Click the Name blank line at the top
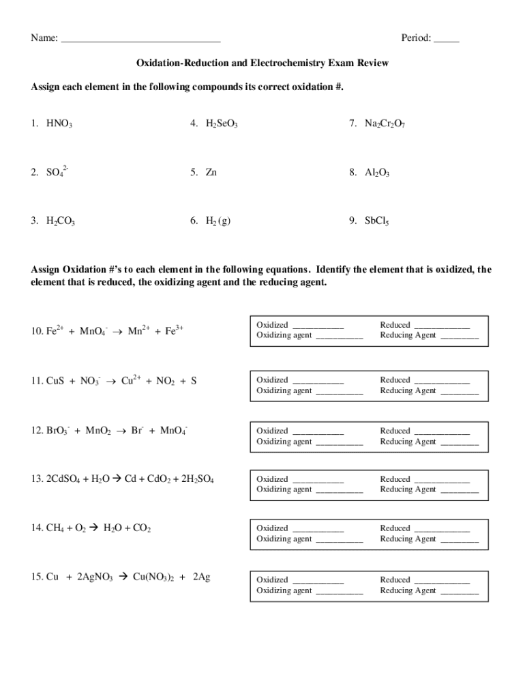[x=140, y=40]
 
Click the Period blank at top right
[x=446, y=40]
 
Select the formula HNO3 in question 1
[x=59, y=124]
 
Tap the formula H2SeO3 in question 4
[x=222, y=124]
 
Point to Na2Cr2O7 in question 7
[x=385, y=124]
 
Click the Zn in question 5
[x=211, y=173]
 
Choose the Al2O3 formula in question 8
[x=377, y=173]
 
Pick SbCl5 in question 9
[x=377, y=221]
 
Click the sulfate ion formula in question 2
[x=57, y=172]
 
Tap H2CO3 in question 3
[x=61, y=221]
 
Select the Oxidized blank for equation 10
[x=318, y=326]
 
